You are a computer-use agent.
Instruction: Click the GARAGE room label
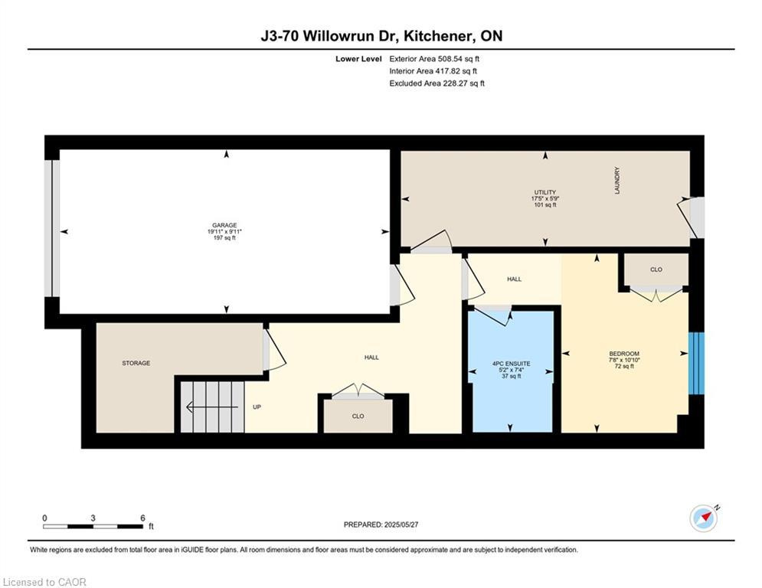[x=224, y=226]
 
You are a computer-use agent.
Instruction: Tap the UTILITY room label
[x=545, y=192]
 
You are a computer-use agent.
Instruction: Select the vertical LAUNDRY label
[x=616, y=181]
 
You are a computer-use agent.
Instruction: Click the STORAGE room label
[x=136, y=363]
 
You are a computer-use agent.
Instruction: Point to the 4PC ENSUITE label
[x=512, y=363]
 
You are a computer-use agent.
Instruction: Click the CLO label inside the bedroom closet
[x=656, y=269]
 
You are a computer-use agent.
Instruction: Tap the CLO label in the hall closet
[x=358, y=416]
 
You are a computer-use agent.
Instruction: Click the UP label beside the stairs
[x=257, y=407]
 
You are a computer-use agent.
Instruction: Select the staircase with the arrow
[x=211, y=407]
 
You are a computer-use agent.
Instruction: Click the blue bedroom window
[x=695, y=364]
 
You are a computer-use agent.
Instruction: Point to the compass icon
[x=703, y=518]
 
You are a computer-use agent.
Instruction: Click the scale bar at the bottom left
[x=93, y=526]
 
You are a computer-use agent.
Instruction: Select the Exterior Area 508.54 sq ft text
[x=434, y=58]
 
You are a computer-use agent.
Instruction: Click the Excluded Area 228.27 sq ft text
[x=437, y=83]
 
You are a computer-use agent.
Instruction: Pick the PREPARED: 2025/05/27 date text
[x=381, y=524]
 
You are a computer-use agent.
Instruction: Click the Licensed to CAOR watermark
[x=45, y=582]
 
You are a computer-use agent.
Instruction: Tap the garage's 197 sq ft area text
[x=224, y=238]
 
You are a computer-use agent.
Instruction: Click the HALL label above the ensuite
[x=514, y=279]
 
